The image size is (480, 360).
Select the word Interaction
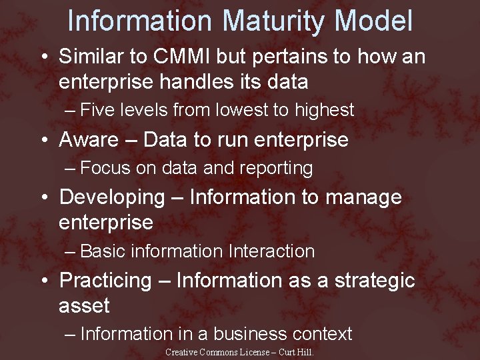tap(271, 251)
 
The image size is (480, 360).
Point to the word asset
tap(84, 306)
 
